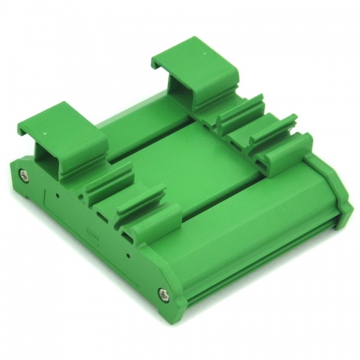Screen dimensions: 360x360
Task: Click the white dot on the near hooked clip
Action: (x=43, y=134)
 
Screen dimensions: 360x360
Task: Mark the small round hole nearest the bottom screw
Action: (x=127, y=254)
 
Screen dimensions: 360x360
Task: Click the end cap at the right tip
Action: (x=346, y=209)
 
